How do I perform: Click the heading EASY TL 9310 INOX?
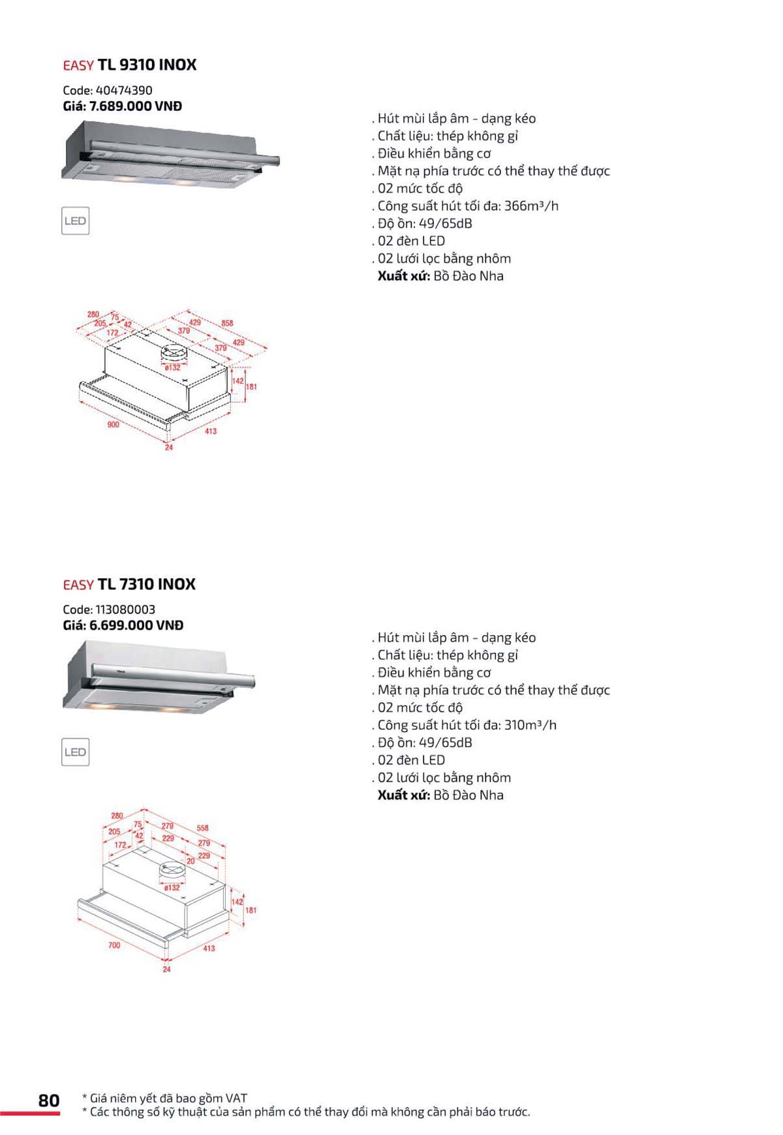[x=129, y=65]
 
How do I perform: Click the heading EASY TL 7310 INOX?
[x=129, y=584]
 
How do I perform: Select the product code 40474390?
[x=123, y=91]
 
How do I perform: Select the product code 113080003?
[x=125, y=610]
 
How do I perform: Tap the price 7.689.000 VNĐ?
[x=135, y=106]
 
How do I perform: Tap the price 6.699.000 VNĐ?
[x=136, y=625]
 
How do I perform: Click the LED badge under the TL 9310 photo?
[x=75, y=221]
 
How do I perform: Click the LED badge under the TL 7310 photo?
[x=75, y=752]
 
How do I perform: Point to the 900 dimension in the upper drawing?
[x=113, y=425]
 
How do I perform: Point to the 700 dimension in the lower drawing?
[x=114, y=945]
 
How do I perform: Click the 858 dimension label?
[x=227, y=323]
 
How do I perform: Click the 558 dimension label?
[x=202, y=828]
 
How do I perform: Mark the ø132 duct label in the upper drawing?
[x=172, y=367]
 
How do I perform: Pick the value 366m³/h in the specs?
[x=531, y=206]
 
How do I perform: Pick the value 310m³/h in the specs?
[x=530, y=725]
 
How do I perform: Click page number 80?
[x=49, y=1100]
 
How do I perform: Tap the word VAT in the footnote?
[x=236, y=1098]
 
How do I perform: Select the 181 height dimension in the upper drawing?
[x=251, y=387]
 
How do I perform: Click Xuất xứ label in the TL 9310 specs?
[x=403, y=276]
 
